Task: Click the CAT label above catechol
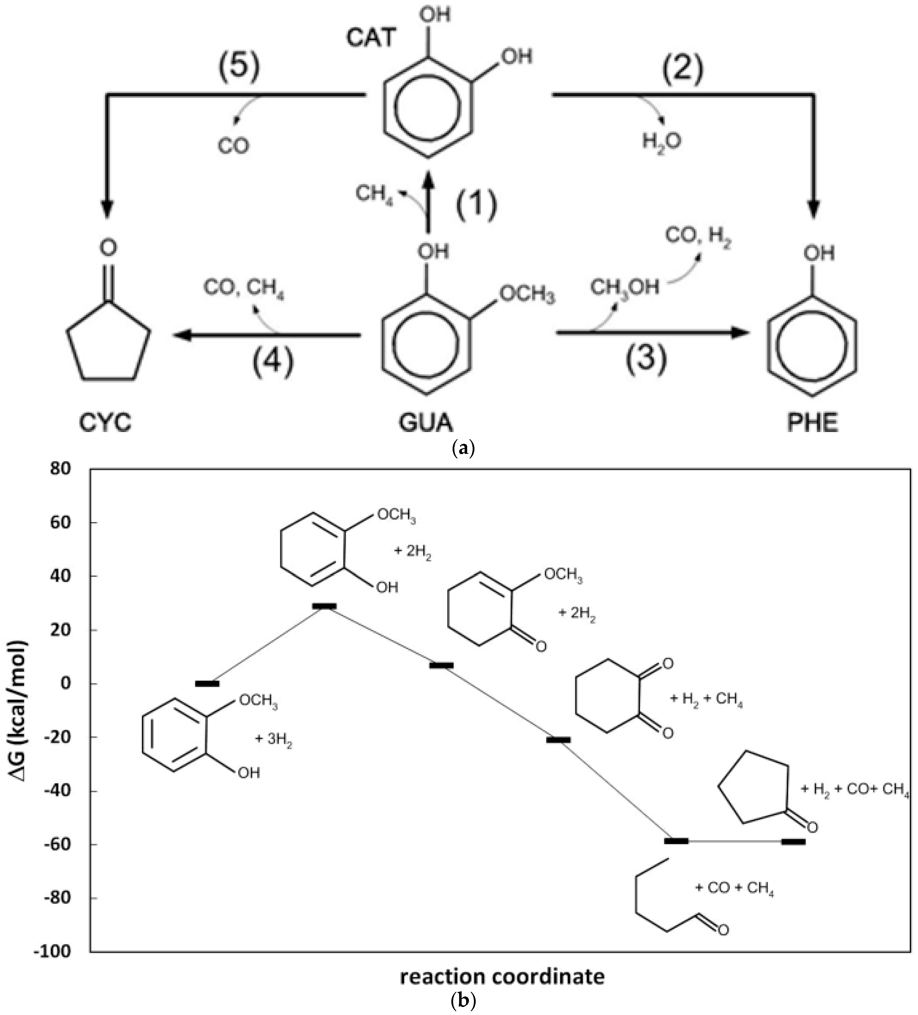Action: [371, 38]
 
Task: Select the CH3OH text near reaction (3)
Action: [624, 287]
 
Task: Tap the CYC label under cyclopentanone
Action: [105, 422]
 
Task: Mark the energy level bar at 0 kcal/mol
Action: [207, 683]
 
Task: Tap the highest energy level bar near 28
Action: [324, 606]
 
